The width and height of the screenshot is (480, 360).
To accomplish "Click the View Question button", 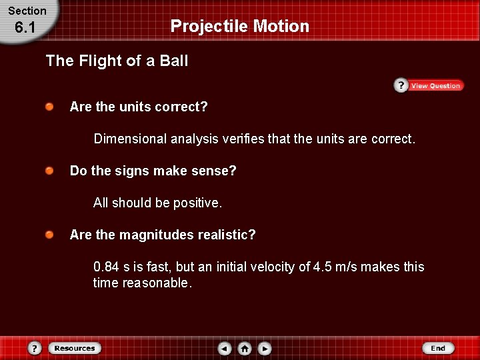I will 428,85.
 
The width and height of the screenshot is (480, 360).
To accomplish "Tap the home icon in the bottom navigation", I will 245,349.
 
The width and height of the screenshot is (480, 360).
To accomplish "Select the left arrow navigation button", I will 225,349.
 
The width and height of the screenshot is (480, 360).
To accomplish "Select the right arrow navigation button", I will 265,349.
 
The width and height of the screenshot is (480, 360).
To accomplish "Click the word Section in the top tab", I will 27,11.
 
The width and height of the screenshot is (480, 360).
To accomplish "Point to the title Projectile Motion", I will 240,26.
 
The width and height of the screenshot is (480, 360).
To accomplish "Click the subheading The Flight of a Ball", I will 117,61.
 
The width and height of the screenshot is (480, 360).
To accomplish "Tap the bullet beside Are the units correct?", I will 50,107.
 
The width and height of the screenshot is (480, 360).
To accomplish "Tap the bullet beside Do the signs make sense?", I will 50,171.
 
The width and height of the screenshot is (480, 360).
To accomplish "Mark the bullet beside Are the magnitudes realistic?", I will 50,235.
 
